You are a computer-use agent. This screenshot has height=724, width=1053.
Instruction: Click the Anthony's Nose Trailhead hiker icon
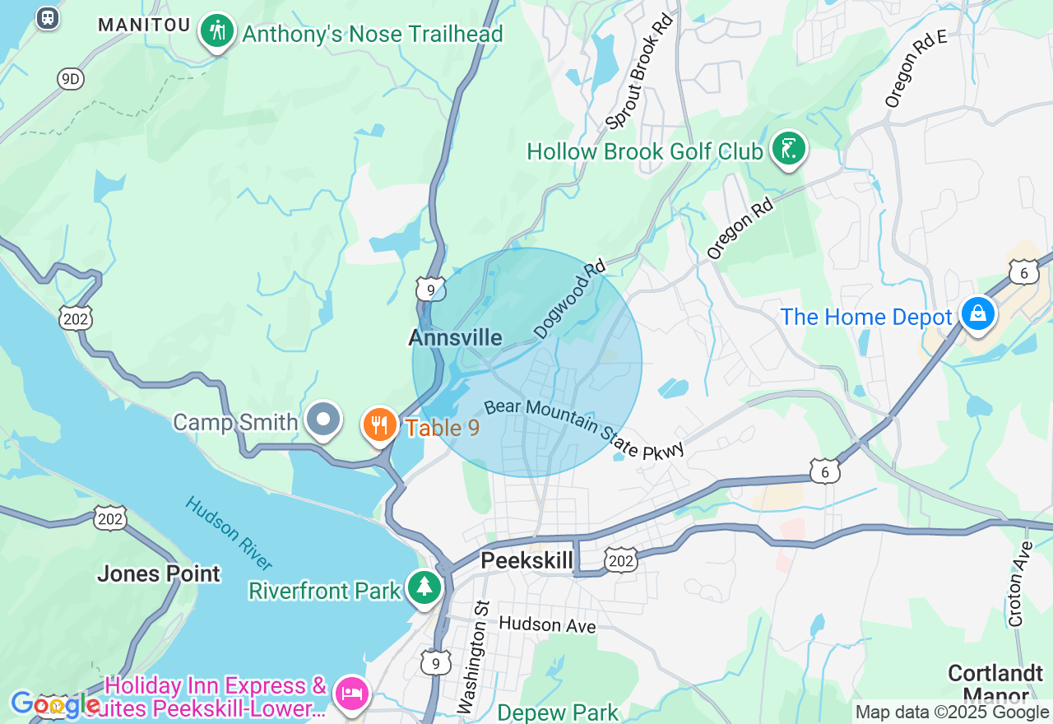(x=216, y=31)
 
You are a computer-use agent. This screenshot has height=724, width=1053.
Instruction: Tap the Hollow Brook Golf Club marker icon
(x=789, y=149)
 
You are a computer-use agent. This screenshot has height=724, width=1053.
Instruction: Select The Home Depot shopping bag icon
(x=977, y=314)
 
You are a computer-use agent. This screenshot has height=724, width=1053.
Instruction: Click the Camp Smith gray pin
(x=323, y=420)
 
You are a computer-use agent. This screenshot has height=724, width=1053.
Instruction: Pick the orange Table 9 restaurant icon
(x=379, y=425)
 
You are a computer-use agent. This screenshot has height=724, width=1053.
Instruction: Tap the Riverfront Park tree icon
(x=424, y=587)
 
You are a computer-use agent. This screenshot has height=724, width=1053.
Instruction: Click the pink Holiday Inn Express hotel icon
(x=351, y=693)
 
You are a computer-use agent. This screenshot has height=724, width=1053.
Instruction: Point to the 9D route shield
(x=71, y=79)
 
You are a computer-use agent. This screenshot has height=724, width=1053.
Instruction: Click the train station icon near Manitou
(x=48, y=17)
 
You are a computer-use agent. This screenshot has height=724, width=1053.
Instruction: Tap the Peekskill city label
(x=526, y=561)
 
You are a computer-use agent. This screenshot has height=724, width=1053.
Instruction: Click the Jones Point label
(x=159, y=573)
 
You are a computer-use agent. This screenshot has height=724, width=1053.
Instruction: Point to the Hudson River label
(x=229, y=533)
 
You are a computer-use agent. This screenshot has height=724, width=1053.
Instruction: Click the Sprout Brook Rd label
(x=639, y=72)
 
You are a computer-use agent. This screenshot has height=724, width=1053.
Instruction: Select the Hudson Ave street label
(x=546, y=626)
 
